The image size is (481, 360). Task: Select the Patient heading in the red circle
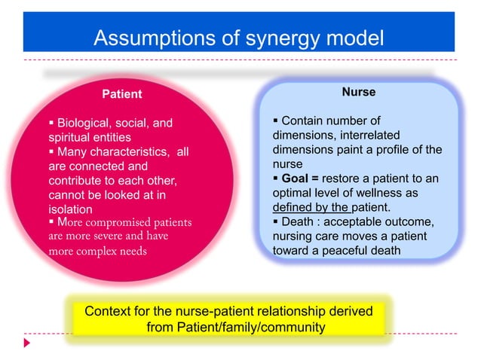coord(122,94)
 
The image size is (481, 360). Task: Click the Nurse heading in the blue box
coord(358,92)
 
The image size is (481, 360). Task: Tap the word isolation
coord(70,209)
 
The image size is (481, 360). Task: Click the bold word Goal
coord(296,178)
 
